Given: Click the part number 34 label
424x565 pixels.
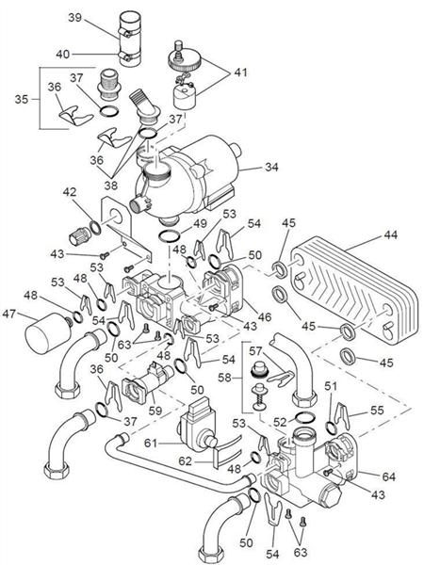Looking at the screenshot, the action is coord(271,168).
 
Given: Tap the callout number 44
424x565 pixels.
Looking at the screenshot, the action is coord(390,235).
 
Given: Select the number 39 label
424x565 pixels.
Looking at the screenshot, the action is coord(75,17).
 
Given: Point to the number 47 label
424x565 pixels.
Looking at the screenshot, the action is coord(9,314).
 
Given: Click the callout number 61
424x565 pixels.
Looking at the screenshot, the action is coord(151,443).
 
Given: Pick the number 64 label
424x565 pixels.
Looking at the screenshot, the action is coord(388,476).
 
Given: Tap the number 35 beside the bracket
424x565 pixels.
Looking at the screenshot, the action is coord(22,99).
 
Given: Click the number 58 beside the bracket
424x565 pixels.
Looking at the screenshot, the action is coord(224,378).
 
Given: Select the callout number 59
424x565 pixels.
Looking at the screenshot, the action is coord(155,411).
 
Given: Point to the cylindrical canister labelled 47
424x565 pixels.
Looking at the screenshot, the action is coord(47,333).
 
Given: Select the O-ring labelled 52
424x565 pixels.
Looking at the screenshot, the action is coord(305,417).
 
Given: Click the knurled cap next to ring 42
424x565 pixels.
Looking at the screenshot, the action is coord(79,236).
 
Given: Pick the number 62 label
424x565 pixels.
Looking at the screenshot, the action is coord(186,460).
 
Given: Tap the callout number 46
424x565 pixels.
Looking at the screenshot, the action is coord(265,316).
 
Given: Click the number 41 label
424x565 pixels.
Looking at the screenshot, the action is coord(241,73).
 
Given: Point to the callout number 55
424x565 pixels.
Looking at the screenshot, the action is coord(377,410).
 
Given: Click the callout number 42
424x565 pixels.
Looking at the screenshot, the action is coord(70,192).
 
